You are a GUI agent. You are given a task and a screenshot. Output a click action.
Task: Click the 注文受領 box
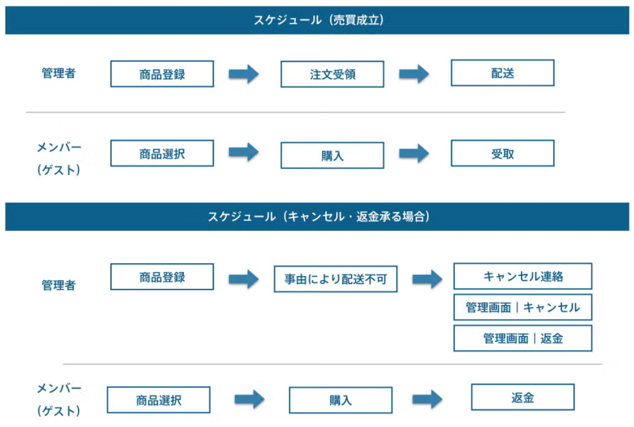click(x=332, y=75)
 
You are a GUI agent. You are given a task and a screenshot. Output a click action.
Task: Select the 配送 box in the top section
click(x=502, y=73)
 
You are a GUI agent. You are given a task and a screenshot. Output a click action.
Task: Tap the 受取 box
click(x=502, y=154)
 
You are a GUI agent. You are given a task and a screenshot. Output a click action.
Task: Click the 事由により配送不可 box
click(x=335, y=279)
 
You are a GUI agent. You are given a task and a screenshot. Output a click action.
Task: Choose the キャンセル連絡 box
click(x=523, y=276)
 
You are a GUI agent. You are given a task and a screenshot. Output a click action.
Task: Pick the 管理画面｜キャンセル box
click(x=523, y=307)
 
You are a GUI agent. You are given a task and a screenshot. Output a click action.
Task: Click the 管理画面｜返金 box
click(x=523, y=338)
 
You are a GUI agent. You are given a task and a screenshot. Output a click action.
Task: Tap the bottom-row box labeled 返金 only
click(x=523, y=397)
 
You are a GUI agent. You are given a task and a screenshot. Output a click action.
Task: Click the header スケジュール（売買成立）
click(x=317, y=20)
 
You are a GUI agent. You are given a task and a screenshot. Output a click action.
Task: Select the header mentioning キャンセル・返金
click(x=317, y=217)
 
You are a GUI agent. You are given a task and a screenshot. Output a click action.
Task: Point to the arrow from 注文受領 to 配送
click(x=414, y=74)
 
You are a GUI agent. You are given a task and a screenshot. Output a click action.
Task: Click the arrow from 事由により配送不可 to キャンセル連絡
click(x=427, y=279)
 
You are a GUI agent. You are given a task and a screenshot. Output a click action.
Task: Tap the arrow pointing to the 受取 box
click(x=414, y=153)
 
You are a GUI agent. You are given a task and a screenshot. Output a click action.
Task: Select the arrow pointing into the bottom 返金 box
click(x=427, y=400)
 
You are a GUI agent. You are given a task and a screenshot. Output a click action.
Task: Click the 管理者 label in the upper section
click(x=58, y=74)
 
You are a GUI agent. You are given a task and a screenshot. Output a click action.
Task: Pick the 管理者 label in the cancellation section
click(x=58, y=285)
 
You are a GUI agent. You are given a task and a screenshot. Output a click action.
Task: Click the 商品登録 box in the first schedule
click(x=162, y=74)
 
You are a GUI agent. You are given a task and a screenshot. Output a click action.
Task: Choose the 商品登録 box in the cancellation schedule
click(x=162, y=277)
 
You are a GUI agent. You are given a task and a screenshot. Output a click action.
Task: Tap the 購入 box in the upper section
click(x=332, y=156)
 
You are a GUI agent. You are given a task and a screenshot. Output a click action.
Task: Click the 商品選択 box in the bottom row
click(x=158, y=400)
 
